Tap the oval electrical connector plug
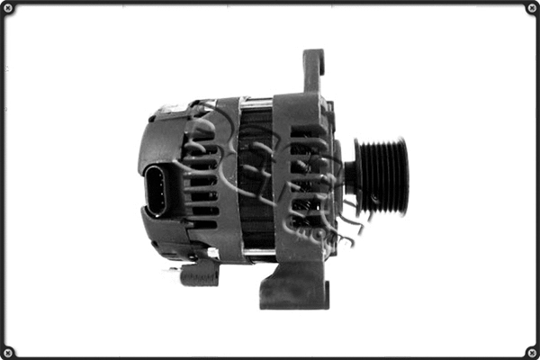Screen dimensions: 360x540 coord(157,190)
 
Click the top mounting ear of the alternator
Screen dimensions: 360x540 coord(312,70)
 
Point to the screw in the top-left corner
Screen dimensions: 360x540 coord(8,8)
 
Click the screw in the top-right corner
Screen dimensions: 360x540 coord(531,8)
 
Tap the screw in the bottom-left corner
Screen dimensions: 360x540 coord(8,351)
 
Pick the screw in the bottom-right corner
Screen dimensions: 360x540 coord(531,351)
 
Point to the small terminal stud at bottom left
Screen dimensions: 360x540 coord(198,273)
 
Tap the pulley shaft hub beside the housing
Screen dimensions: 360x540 coord(349,176)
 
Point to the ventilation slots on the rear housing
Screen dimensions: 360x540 coord(202,180)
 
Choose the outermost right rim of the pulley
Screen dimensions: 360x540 coord(404,176)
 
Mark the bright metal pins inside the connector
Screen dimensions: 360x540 coord(157,190)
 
